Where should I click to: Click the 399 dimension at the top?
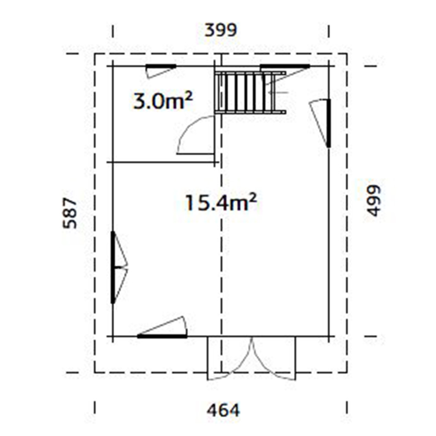point(221,31)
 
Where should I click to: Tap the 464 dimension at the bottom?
point(223,410)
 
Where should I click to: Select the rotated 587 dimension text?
point(70,213)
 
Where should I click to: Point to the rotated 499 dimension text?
point(374,200)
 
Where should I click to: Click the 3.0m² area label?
point(163,102)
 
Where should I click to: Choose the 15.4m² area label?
point(220,203)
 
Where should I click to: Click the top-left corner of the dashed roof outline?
point(95,54)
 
